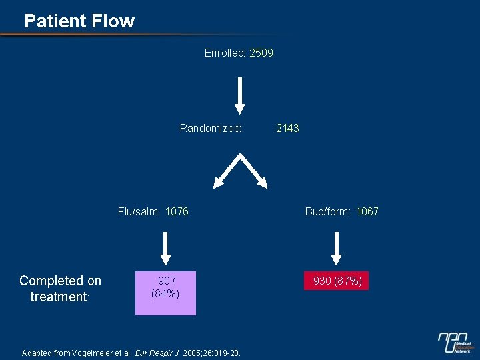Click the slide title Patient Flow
click(79, 21)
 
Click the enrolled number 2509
click(261, 53)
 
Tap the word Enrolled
click(225, 53)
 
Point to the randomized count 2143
click(287, 128)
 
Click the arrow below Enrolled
click(240, 95)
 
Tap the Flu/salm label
click(139, 212)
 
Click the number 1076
click(177, 212)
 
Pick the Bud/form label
click(327, 212)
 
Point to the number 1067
click(367, 212)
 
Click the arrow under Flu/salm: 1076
click(165, 247)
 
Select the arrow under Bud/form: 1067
click(337, 247)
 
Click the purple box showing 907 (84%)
click(165, 292)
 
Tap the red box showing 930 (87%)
click(337, 281)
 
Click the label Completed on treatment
click(60, 289)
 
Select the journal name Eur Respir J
click(157, 352)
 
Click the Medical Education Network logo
click(456, 341)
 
